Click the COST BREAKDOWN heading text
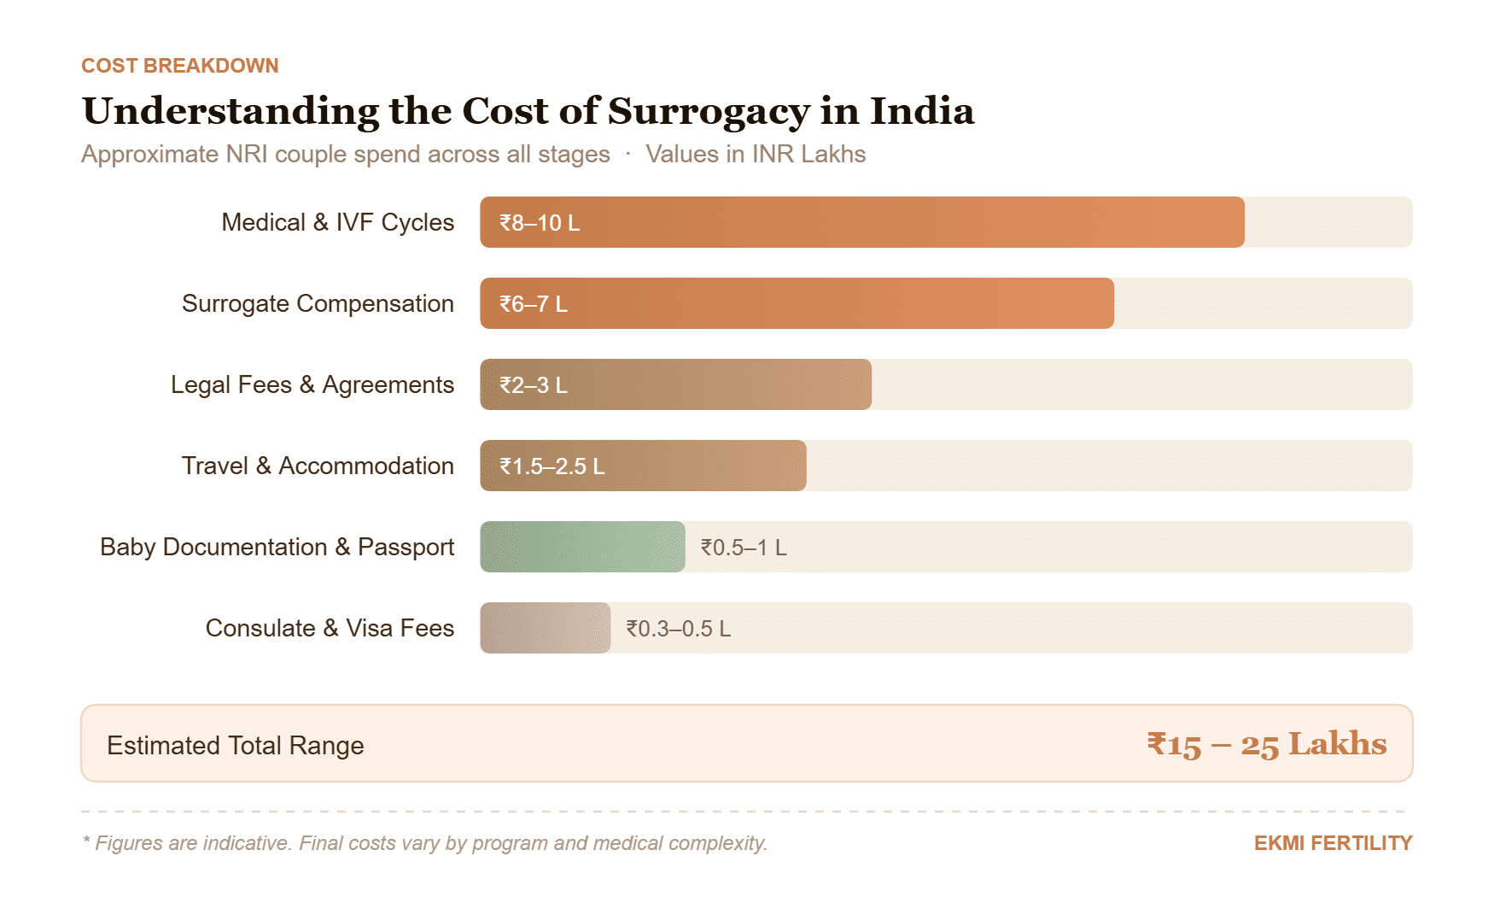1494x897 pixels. point(179,66)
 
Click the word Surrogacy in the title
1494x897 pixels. point(708,112)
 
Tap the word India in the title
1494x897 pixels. point(921,111)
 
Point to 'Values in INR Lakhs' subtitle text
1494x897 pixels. point(755,155)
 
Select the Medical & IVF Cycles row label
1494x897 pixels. point(337,222)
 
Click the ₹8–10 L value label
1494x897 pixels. point(540,223)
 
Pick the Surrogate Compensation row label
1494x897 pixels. point(318,303)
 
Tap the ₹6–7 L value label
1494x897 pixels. point(534,304)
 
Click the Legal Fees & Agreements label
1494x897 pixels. point(312,384)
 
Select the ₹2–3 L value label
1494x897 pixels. point(534,385)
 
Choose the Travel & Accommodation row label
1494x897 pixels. point(318,466)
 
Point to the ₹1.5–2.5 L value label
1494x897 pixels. point(552,466)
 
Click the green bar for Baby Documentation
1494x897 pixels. point(582,547)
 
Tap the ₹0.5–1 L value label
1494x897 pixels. point(744,548)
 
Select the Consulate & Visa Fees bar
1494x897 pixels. point(545,628)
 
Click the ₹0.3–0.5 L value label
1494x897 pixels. point(679,629)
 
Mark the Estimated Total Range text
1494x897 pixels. point(236,745)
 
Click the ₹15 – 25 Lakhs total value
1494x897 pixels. point(1266,744)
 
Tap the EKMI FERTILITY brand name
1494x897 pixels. point(1332,843)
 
